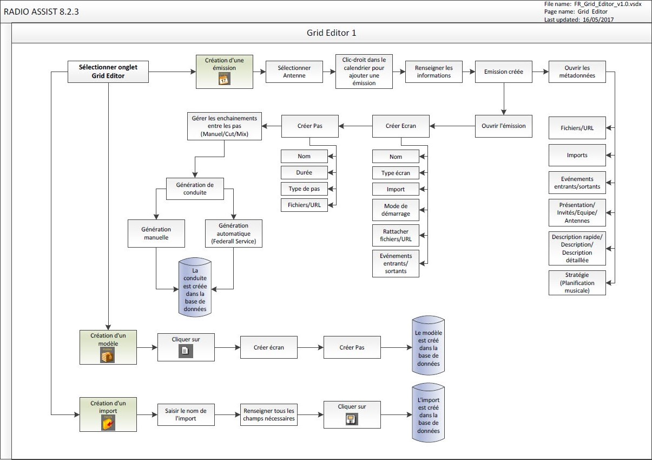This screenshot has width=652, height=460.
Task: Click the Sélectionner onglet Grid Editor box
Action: (x=108, y=72)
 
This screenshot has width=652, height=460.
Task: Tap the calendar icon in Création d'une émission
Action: (x=224, y=79)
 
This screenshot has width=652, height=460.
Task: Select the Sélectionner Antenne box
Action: (x=294, y=72)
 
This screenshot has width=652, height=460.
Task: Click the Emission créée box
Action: (x=503, y=72)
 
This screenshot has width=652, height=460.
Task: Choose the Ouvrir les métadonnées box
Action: (x=577, y=72)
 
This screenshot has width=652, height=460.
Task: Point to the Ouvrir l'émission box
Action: (x=503, y=126)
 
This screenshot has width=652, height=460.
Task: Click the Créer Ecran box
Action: (x=400, y=126)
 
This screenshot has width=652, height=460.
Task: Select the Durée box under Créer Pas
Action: (x=304, y=173)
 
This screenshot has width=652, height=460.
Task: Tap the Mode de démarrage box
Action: (x=396, y=210)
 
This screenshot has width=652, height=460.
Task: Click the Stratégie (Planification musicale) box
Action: (x=577, y=283)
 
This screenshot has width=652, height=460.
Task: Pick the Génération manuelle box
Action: (x=156, y=233)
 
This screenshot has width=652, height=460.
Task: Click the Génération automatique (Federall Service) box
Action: (x=233, y=233)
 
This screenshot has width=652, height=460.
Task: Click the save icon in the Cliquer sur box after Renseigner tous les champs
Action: (x=352, y=419)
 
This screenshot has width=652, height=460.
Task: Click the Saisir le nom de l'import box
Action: (x=186, y=414)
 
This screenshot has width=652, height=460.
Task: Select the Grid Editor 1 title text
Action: (x=332, y=33)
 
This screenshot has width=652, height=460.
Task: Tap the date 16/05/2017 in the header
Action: (x=598, y=20)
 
